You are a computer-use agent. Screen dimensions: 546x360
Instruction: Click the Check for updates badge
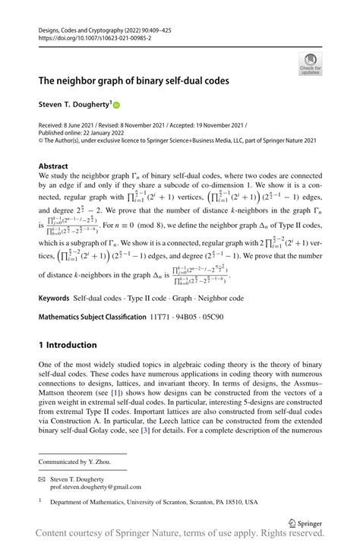[309, 64]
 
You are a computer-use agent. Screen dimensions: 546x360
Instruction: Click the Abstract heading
[53, 166]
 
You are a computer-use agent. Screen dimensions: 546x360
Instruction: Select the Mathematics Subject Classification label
[92, 318]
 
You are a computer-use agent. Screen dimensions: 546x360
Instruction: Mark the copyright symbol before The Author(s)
[41, 140]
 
